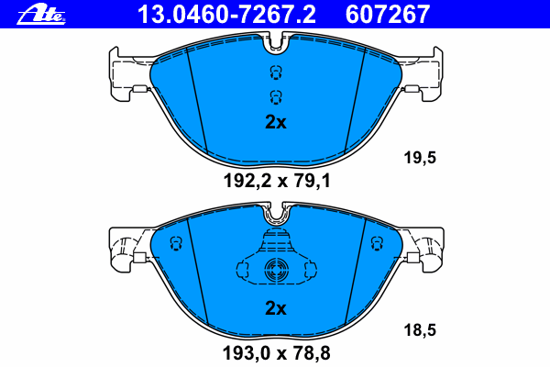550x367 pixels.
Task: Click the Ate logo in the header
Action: click(41, 15)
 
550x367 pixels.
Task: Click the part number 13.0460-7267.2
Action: click(226, 15)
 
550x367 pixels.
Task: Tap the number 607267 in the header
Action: click(387, 15)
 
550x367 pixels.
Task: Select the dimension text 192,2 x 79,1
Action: click(277, 182)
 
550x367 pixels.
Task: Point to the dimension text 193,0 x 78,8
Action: click(277, 353)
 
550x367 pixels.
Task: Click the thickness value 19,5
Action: click(420, 157)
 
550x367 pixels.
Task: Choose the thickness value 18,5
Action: click(420, 329)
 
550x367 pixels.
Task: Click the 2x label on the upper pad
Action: click(276, 122)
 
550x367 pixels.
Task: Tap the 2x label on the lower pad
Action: click(276, 308)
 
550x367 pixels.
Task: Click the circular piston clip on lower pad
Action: click(277, 271)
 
